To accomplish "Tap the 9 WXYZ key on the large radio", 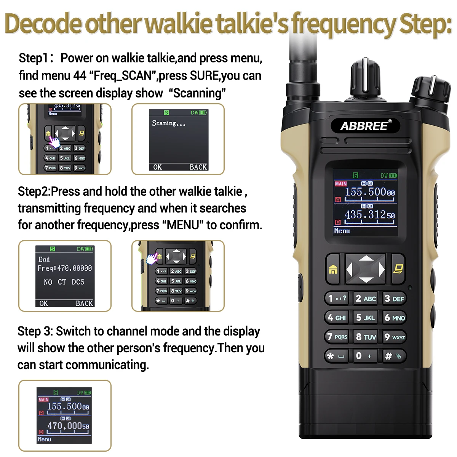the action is click(x=395, y=337).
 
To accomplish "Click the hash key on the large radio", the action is click(x=395, y=356).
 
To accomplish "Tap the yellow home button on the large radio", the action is click(x=333, y=269).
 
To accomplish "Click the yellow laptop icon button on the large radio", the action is click(x=398, y=269).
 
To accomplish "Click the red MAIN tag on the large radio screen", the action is click(x=341, y=184).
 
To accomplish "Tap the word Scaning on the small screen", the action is click(x=164, y=123).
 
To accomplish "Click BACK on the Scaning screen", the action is click(x=198, y=167).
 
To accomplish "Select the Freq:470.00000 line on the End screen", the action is click(x=65, y=268).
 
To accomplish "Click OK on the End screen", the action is click(x=44, y=303).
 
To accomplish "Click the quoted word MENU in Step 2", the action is click(x=183, y=225).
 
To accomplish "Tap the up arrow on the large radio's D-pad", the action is click(x=366, y=259).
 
